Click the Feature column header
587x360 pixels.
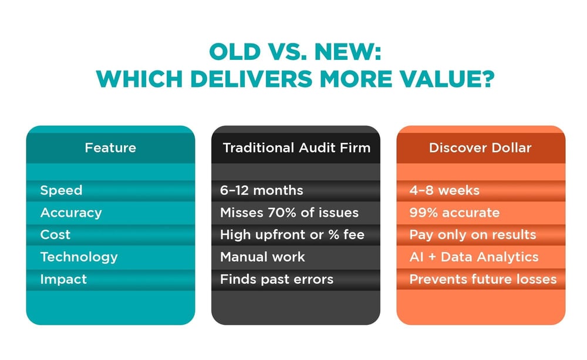(110, 147)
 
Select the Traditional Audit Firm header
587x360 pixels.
(296, 147)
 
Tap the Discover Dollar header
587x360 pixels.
(480, 147)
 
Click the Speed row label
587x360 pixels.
(61, 191)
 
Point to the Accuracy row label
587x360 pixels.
(71, 213)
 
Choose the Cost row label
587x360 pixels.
(55, 235)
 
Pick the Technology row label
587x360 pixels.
(79, 257)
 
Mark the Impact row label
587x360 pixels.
(63, 280)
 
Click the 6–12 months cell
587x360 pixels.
(261, 190)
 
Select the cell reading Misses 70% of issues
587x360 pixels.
(289, 213)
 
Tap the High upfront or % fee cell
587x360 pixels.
(292, 235)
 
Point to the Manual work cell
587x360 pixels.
(262, 257)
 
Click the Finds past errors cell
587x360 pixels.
(276, 280)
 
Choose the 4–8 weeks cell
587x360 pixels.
(444, 190)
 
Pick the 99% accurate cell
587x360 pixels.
(454, 213)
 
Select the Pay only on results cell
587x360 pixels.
(473, 235)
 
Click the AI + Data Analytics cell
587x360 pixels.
(474, 257)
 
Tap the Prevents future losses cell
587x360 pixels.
(483, 280)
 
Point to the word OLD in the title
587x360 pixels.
(235, 52)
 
